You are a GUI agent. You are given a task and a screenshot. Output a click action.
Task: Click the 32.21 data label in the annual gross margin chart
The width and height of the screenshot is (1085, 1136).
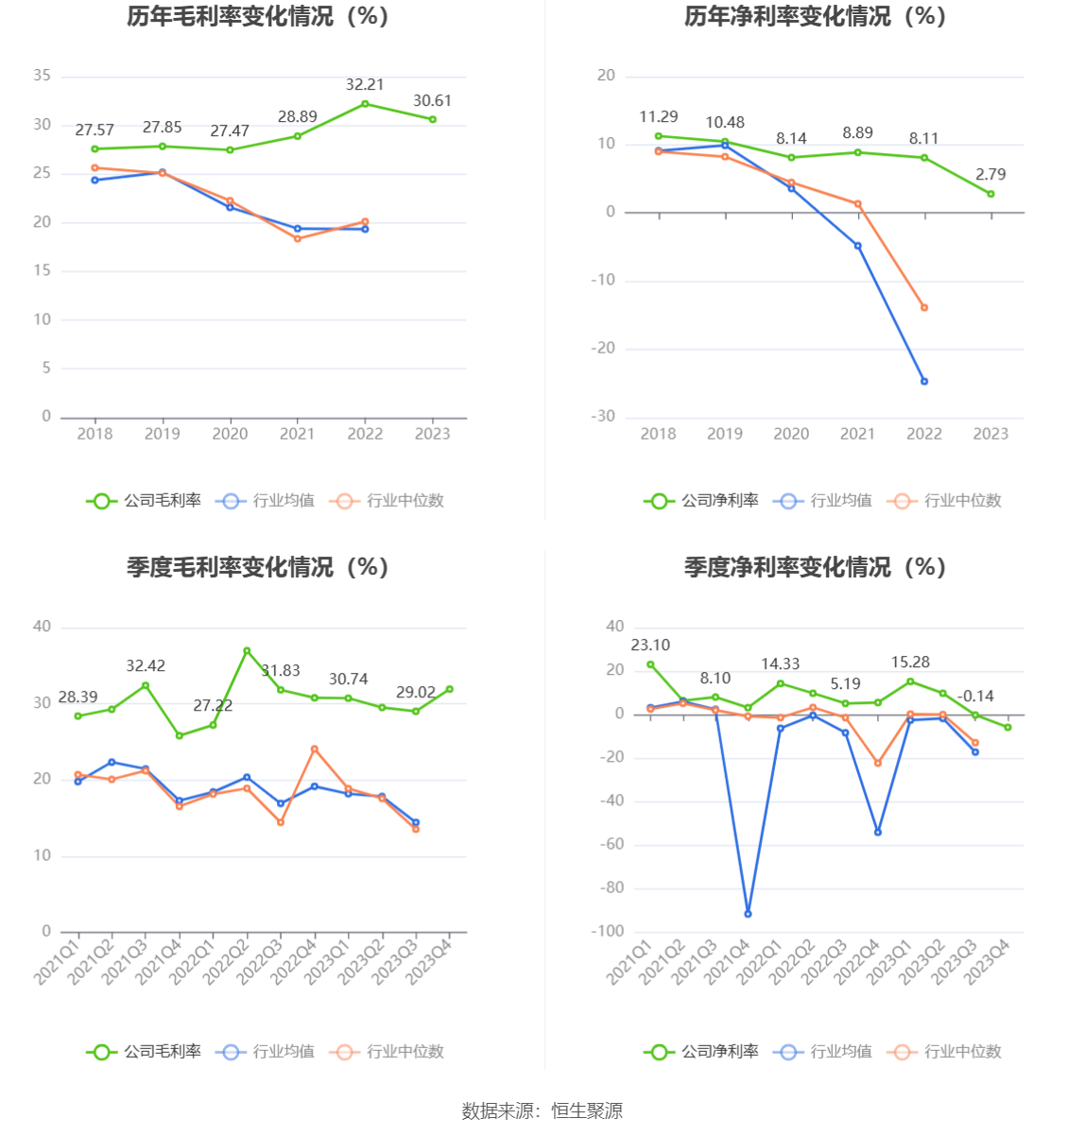pos(365,85)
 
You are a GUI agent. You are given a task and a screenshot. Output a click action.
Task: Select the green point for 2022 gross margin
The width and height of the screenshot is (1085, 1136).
pos(365,104)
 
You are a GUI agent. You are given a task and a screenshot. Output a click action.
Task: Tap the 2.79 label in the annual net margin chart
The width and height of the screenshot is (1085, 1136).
pos(990,175)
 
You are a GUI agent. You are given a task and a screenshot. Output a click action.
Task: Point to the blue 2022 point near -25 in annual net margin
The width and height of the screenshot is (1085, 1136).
pos(924,382)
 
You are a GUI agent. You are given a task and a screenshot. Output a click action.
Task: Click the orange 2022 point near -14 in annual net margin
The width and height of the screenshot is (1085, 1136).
pos(924,308)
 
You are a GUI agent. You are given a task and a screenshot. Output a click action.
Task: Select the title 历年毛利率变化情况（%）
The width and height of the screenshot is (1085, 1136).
pos(258,17)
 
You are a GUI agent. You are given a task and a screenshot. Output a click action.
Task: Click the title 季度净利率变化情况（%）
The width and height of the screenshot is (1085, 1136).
pos(816,567)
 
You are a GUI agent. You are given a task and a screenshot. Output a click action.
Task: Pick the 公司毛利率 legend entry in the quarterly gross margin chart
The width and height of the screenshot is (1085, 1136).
pos(145,1052)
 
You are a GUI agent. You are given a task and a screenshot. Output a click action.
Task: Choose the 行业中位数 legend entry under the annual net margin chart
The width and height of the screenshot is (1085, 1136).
pos(945,501)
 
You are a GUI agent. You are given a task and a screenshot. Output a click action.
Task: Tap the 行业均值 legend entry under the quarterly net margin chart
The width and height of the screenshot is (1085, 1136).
pos(824,1052)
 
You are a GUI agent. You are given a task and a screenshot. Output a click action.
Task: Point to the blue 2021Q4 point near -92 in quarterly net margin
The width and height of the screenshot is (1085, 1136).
pos(748,914)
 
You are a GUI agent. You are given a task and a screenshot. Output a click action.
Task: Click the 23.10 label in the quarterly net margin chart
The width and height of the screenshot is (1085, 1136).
pos(650,645)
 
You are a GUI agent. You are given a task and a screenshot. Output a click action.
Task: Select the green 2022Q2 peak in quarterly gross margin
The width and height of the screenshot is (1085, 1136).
pos(247,651)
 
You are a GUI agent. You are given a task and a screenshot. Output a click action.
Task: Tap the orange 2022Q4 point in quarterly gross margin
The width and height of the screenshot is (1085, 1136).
pos(315,749)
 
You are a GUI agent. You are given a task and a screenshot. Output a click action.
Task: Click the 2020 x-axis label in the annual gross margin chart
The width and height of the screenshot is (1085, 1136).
pos(230,434)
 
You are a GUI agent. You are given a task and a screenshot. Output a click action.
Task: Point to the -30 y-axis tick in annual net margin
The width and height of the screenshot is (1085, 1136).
pos(603,417)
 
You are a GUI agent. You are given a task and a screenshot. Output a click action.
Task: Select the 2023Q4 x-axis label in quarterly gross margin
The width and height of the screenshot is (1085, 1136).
pos(430,959)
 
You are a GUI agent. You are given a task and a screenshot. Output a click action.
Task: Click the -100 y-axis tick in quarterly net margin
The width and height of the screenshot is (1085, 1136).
pos(608,932)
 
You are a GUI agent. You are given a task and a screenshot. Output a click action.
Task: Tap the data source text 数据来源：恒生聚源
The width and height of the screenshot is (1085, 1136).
pos(542,1111)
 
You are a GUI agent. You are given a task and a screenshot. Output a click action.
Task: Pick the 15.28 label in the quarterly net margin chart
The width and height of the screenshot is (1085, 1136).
pos(910,663)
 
